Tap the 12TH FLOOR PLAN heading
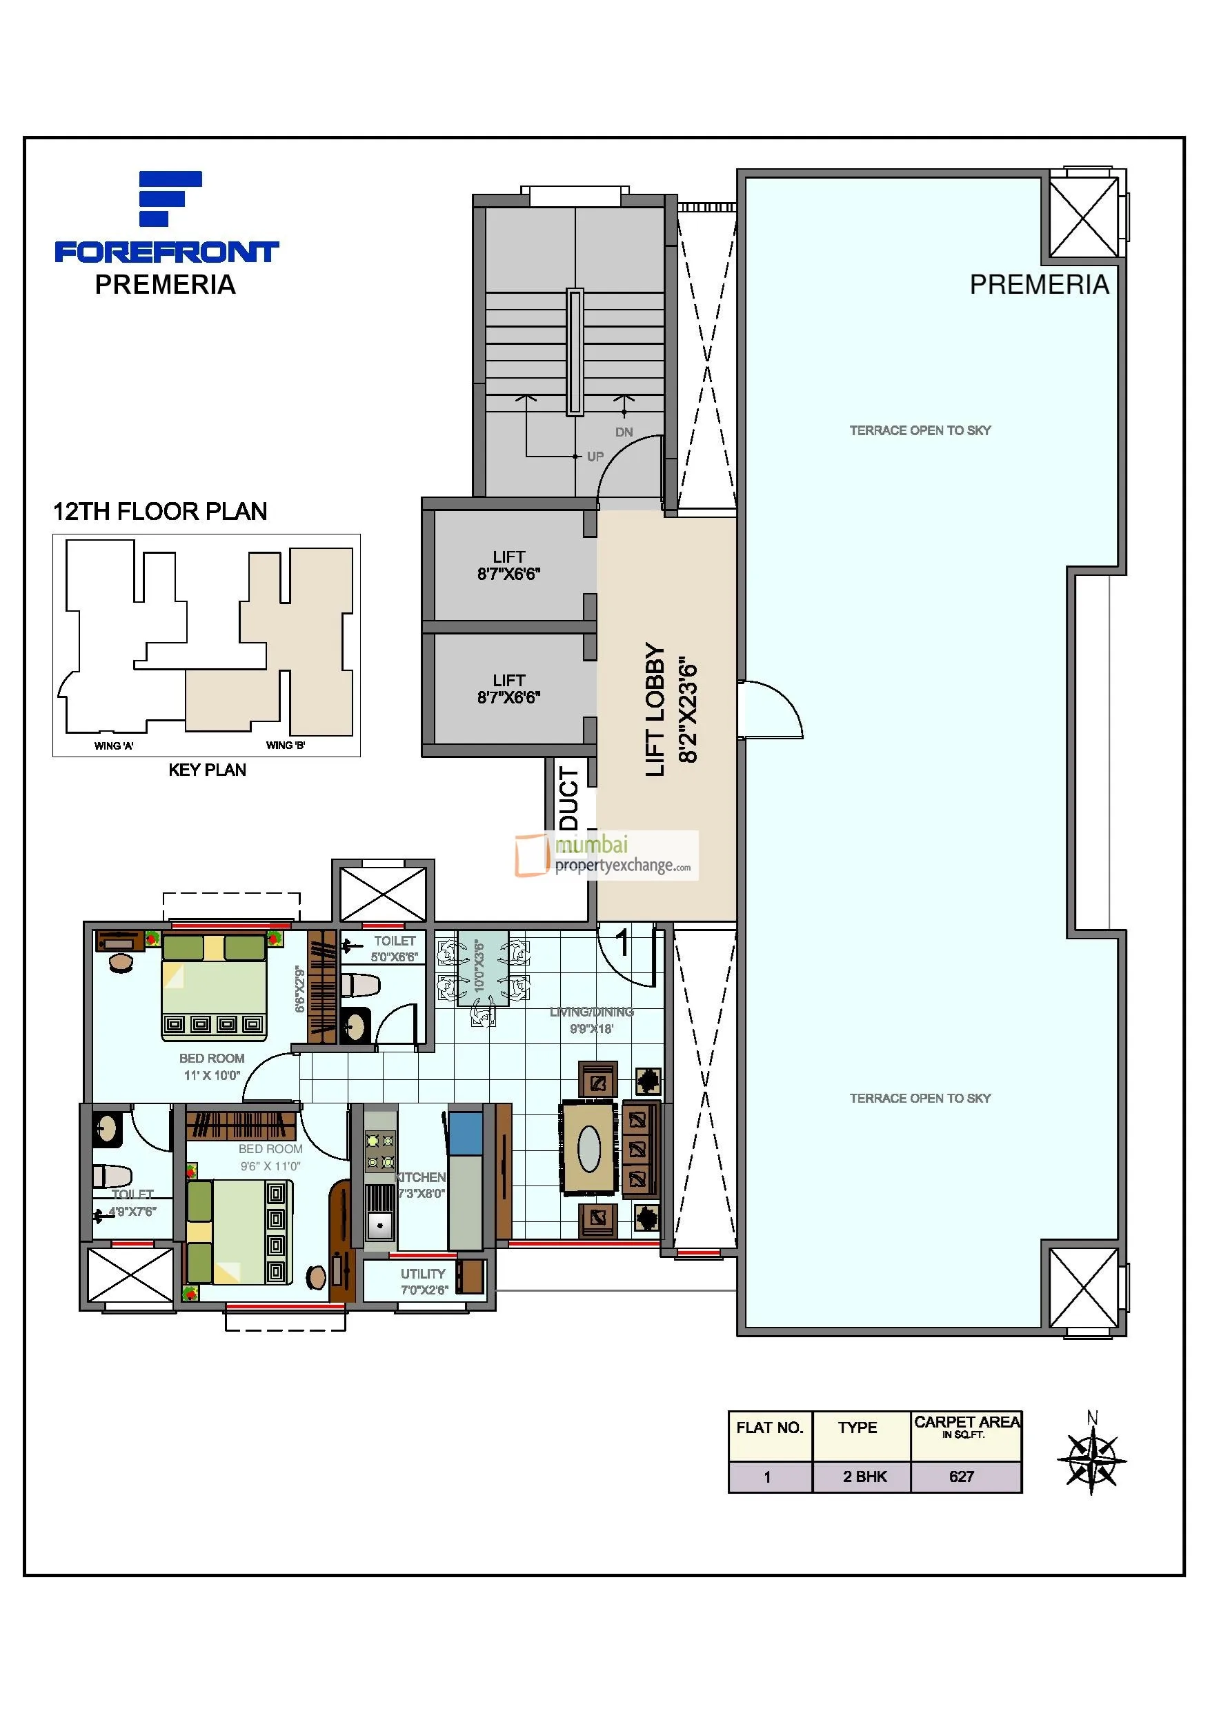pos(159,511)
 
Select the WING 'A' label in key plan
pos(113,746)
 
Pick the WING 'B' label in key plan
pos(286,746)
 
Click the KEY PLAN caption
pos(207,770)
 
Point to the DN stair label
pos(624,432)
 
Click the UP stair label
pos(595,456)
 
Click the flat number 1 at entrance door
pos(623,941)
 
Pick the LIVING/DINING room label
pos(591,1012)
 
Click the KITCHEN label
pos(421,1177)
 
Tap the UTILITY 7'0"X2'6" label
pos(423,1281)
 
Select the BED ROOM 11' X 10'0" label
pos(212,1066)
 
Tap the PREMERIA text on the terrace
pos(1038,285)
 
